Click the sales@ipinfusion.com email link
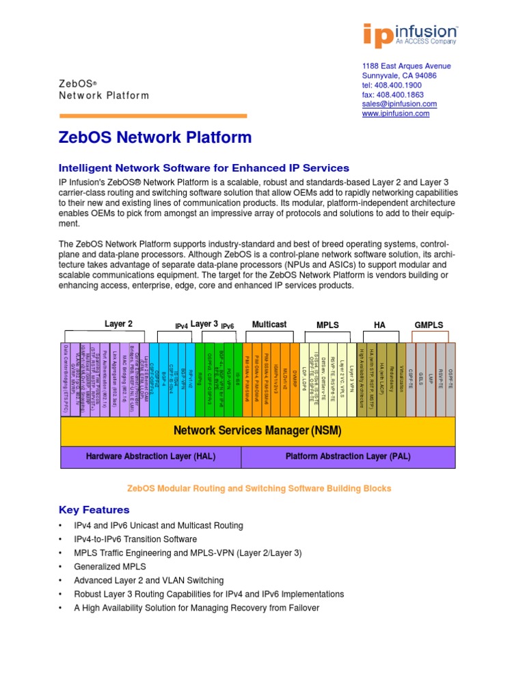[399, 104]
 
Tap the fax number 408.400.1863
[392, 94]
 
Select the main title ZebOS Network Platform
[156, 137]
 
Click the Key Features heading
[94, 509]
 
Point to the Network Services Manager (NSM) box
[257, 431]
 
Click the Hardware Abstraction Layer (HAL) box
[151, 456]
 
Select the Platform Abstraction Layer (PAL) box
[348, 456]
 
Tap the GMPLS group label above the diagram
[429, 325]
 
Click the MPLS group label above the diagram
[327, 325]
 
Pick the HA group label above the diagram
[379, 325]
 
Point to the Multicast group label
[269, 324]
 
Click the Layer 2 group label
[118, 324]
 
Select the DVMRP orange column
[294, 379]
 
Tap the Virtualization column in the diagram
[401, 379]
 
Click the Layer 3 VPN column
[352, 379]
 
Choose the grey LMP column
[431, 379]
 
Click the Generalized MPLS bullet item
[103, 566]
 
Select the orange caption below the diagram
[259, 488]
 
